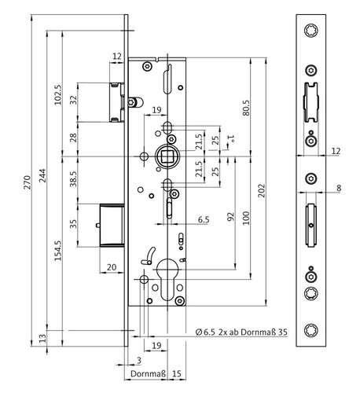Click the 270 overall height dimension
click(x=28, y=182)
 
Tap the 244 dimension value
click(x=42, y=175)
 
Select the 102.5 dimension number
click(x=58, y=95)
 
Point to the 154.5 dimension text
click(x=58, y=251)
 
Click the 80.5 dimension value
click(x=246, y=108)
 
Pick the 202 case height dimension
click(x=262, y=190)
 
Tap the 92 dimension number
click(x=230, y=217)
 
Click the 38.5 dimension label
click(x=73, y=178)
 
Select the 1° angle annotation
click(x=230, y=138)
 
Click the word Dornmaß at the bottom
click(x=149, y=373)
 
